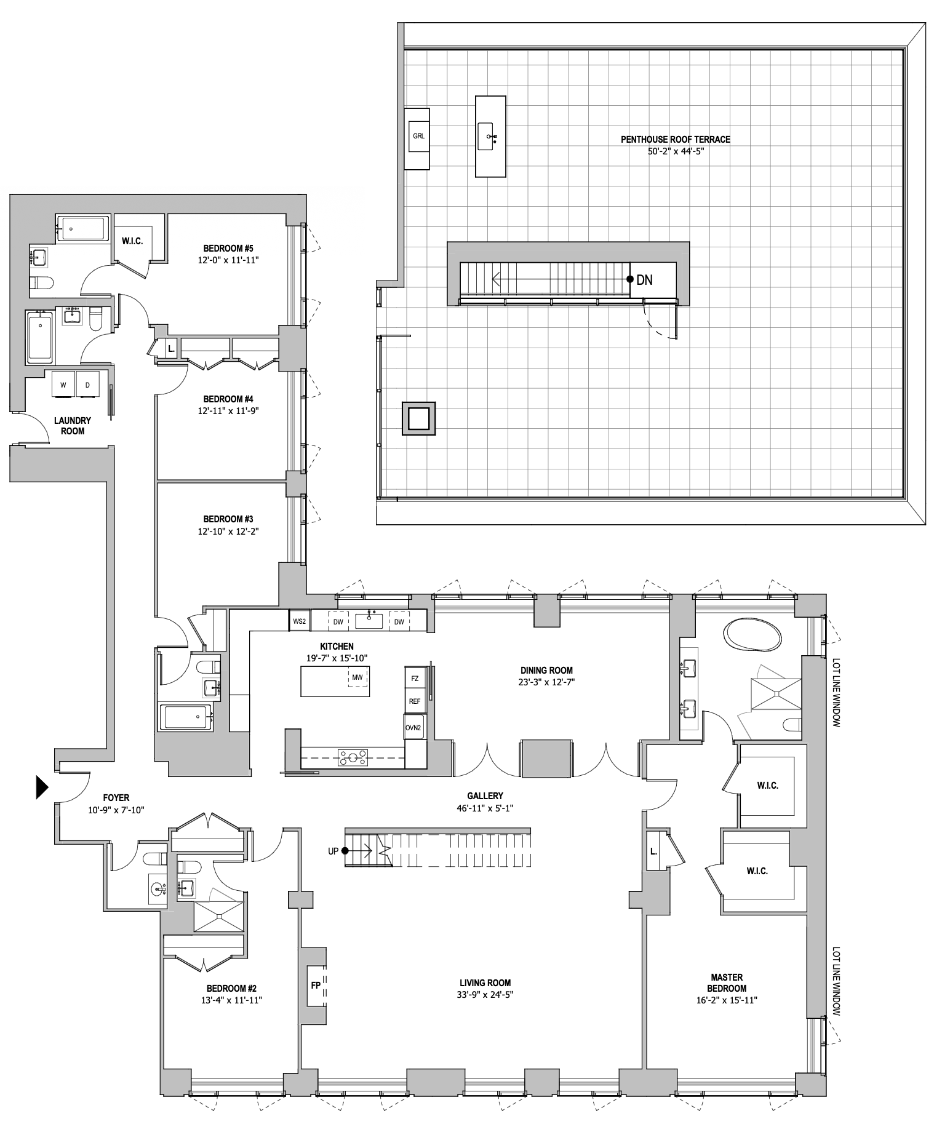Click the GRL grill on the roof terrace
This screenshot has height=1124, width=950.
pos(418,136)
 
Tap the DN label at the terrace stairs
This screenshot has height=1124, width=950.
pos(644,280)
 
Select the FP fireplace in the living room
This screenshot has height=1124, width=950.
pos(316,984)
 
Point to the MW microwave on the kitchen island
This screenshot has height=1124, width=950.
pos(357,677)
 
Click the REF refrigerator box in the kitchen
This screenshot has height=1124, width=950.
pos(415,701)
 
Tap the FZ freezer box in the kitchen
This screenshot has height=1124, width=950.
pos(415,679)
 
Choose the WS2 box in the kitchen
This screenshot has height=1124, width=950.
pos(300,621)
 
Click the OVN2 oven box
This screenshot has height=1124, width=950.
pos(413,728)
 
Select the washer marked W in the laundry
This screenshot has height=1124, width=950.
pos(63,386)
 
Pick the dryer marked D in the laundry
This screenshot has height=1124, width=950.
pos(87,386)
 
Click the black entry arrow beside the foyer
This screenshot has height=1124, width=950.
pos(42,787)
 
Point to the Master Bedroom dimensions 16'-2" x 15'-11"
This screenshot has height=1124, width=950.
pos(726,1000)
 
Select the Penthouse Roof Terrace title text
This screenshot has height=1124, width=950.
pos(675,140)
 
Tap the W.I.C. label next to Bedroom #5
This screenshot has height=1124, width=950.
pos(132,241)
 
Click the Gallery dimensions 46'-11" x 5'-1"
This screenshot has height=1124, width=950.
pos(485,808)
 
